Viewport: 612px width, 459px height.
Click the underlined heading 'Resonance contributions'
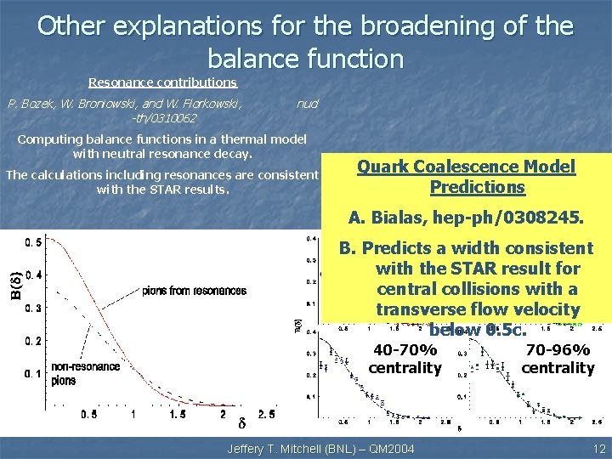point(163,82)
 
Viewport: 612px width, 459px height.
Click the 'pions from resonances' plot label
point(195,291)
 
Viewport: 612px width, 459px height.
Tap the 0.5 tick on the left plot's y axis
point(35,242)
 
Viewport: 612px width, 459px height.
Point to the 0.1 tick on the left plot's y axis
point(35,373)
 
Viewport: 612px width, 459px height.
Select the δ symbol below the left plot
point(240,423)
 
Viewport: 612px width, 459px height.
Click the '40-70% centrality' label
point(405,359)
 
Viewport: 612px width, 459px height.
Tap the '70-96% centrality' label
point(558,359)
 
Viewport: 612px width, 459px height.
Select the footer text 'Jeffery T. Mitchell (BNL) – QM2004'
point(320,448)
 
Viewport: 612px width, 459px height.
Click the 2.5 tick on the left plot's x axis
point(265,414)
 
